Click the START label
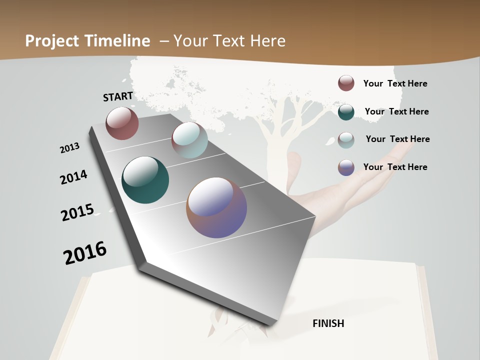pos(118,96)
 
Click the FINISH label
pos(328,323)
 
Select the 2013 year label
pos(70,147)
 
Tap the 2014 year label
pos(73,177)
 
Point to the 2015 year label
pos(77,212)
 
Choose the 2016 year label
pos(85,252)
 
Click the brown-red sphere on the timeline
pos(122,123)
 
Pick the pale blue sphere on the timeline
pos(189,140)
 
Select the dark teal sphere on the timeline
pos(145,180)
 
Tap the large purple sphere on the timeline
pos(216,207)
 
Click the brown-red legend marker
pos(346,83)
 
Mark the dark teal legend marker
pos(346,112)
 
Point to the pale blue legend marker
pos(346,140)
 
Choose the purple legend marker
pos(346,167)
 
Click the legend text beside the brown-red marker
pos(395,83)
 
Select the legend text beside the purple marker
pos(395,167)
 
